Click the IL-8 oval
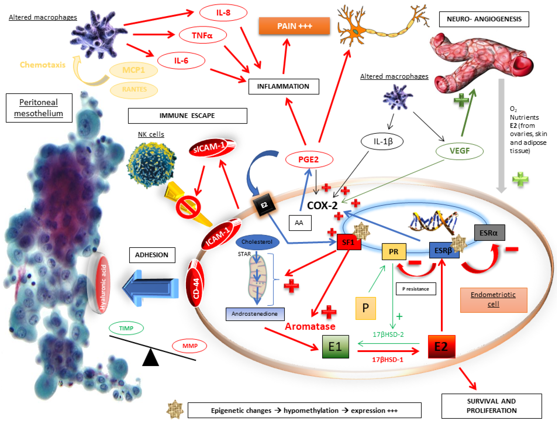click(x=223, y=13)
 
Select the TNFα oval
click(x=202, y=35)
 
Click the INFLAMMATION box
click(x=283, y=86)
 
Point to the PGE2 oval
click(x=309, y=159)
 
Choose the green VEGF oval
click(x=459, y=151)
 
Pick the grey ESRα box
click(x=489, y=232)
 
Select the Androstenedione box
click(x=255, y=314)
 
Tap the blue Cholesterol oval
click(x=257, y=242)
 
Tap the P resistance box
click(x=416, y=289)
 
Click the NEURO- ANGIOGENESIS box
click(x=484, y=19)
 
